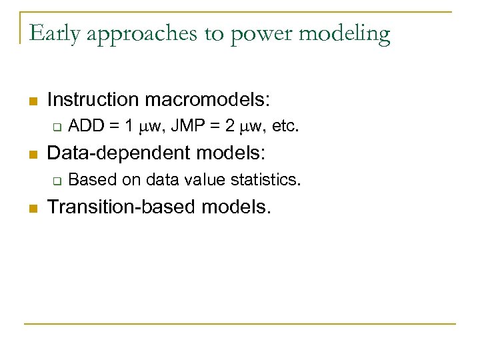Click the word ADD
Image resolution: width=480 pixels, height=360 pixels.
[84, 126]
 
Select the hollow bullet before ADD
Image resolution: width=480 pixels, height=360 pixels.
[57, 127]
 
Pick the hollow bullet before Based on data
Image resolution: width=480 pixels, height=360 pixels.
[57, 180]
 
